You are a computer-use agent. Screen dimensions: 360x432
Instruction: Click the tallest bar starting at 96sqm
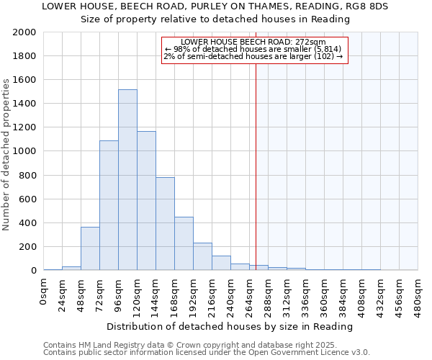pos(127,180)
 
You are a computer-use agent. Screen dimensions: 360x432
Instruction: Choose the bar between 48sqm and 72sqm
pos(90,248)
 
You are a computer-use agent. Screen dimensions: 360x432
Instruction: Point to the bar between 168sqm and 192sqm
pos(184,243)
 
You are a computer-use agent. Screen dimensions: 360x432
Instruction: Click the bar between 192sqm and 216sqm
pos(202,256)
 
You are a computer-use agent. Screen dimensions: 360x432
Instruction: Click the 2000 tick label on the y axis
pos(24,32)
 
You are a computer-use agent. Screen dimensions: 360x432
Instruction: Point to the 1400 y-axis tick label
pos(24,104)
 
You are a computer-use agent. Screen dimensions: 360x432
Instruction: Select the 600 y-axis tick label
pos(27,199)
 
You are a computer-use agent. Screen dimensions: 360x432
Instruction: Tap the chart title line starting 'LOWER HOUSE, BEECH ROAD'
pos(215,6)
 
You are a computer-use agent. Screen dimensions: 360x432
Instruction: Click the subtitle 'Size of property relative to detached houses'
pos(215,19)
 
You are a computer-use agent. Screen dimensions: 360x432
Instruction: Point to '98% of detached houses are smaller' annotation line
pos(254,49)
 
